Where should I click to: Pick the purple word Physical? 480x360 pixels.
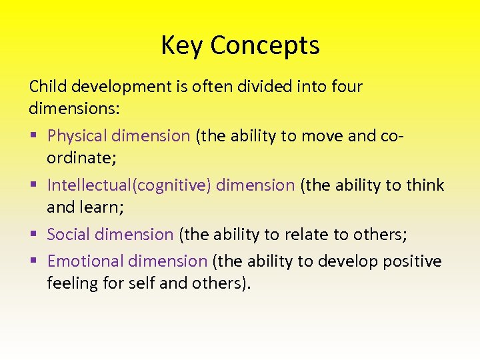pyautogui.click(x=77, y=136)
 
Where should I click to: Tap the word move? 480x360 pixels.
pyautogui.click(x=323, y=136)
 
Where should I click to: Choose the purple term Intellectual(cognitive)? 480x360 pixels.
pyautogui.click(x=129, y=185)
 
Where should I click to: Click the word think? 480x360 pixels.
pyautogui.click(x=425, y=185)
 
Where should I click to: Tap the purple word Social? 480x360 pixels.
pyautogui.click(x=69, y=235)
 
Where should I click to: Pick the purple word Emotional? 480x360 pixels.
pyautogui.click(x=83, y=261)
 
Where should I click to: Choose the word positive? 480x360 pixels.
pyautogui.click(x=412, y=261)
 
